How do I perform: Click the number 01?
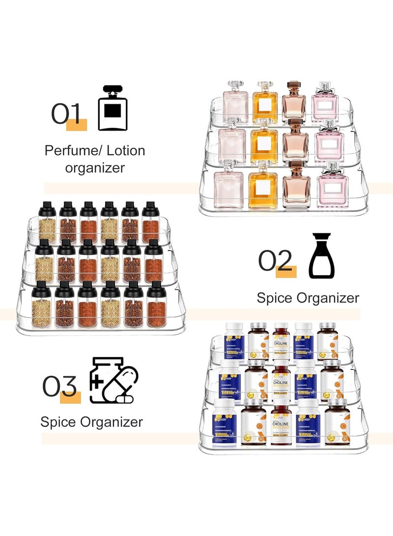[66, 114]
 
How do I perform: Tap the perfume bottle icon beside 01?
[112, 108]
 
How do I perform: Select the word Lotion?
[121, 150]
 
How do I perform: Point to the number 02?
[276, 260]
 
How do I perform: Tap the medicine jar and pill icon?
[113, 380]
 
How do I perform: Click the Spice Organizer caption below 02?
[308, 298]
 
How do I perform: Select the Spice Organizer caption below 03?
[92, 422]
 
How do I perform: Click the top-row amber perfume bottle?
[265, 103]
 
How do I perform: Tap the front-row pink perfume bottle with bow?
[333, 185]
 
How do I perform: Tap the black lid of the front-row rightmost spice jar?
[156, 289]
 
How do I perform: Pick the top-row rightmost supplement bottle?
[328, 341]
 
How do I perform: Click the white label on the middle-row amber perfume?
[265, 145]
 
